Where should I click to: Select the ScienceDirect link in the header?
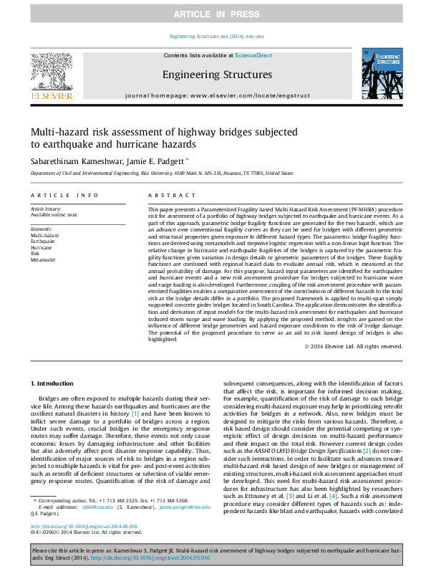coord(253,55)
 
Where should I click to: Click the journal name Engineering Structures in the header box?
coord(216,75)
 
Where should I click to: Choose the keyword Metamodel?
coord(42,260)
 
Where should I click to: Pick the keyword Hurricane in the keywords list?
coord(42,247)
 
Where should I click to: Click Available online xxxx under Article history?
coord(53,214)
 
